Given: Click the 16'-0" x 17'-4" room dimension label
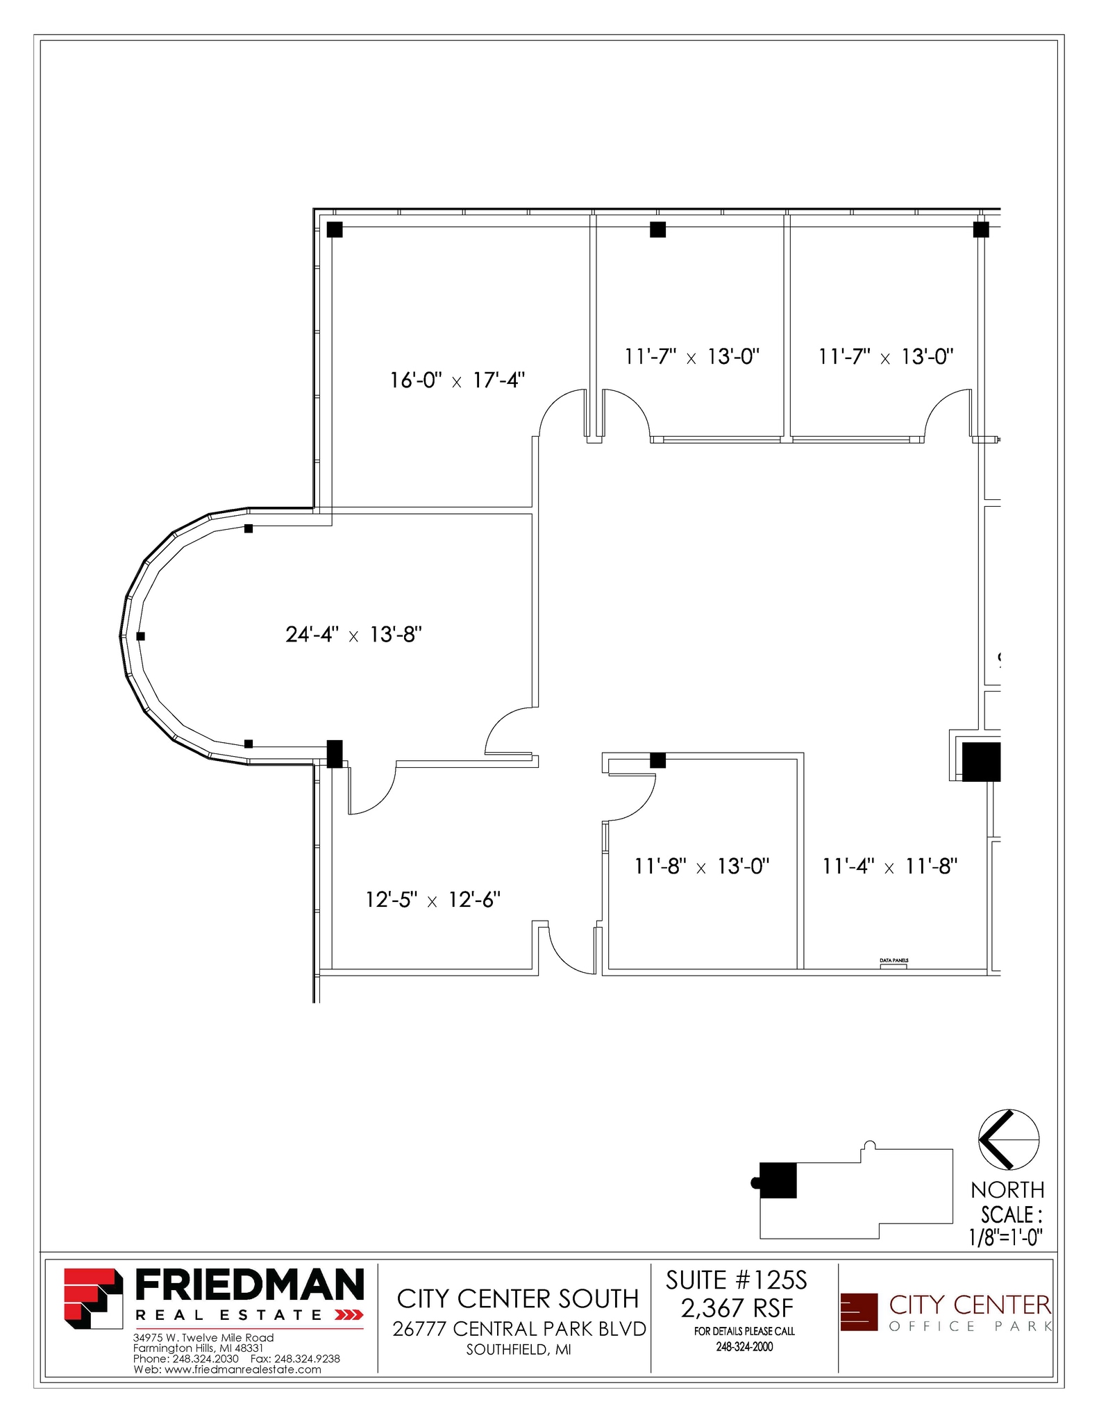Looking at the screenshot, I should [457, 380].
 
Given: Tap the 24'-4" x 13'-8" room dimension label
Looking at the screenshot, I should [353, 635].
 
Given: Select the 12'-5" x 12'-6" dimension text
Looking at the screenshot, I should [433, 900].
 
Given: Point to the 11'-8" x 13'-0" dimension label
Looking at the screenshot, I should [701, 867].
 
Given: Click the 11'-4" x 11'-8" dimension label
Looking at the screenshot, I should [889, 867].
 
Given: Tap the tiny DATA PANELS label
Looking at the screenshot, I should [894, 960].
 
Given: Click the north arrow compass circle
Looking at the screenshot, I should [1008, 1140].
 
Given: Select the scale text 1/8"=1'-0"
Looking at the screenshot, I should [1006, 1237].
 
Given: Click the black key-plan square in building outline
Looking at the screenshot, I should [778, 1180].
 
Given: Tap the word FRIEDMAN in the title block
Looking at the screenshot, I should [249, 1285].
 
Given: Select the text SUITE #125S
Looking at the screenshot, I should [737, 1280].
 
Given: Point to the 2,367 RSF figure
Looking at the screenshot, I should [737, 1308].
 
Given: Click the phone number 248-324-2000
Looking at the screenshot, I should [744, 1346].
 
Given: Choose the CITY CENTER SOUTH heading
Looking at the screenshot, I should [517, 1298].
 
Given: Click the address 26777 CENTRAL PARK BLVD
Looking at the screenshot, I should [519, 1328].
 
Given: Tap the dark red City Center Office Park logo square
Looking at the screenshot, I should [859, 1312].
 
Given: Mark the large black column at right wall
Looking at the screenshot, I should [980, 762].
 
